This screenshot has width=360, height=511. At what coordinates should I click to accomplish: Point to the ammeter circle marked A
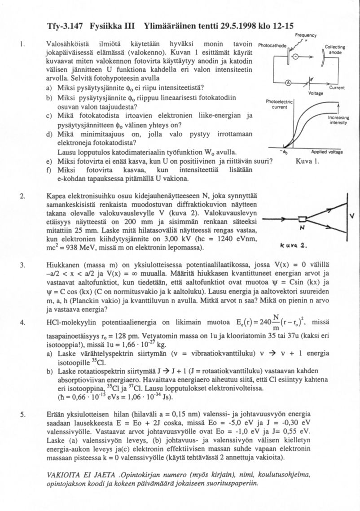point(289,82)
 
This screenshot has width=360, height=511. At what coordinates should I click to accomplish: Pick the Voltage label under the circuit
point(316,93)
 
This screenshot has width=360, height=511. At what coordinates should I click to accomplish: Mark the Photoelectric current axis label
point(279,105)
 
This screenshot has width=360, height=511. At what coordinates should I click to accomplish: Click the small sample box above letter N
point(303,219)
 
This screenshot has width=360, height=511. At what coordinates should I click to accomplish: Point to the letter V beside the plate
point(352,216)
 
